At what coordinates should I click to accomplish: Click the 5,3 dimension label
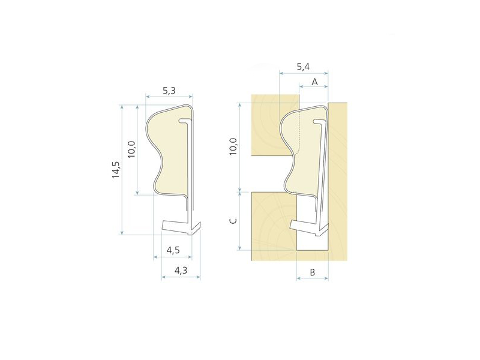coord(169,91)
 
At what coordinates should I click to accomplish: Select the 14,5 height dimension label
coord(116,170)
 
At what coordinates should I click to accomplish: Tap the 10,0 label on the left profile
coord(131,149)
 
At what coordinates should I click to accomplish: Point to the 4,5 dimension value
coord(173,250)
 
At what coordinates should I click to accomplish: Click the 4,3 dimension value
coord(181,271)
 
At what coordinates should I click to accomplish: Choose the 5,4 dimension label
coord(303,67)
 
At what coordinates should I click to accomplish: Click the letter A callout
coord(314,82)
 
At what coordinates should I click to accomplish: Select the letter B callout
coord(312,272)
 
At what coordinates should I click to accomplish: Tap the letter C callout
coord(233,221)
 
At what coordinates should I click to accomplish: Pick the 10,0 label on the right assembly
coord(233,146)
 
